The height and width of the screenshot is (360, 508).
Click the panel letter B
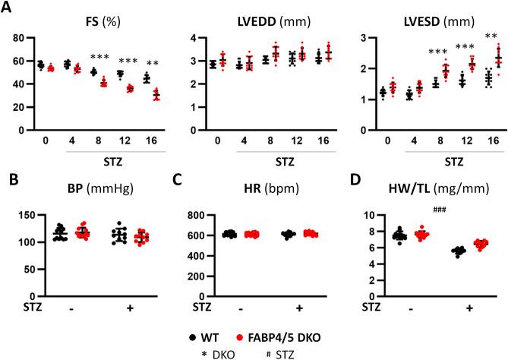[x=8, y=180]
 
